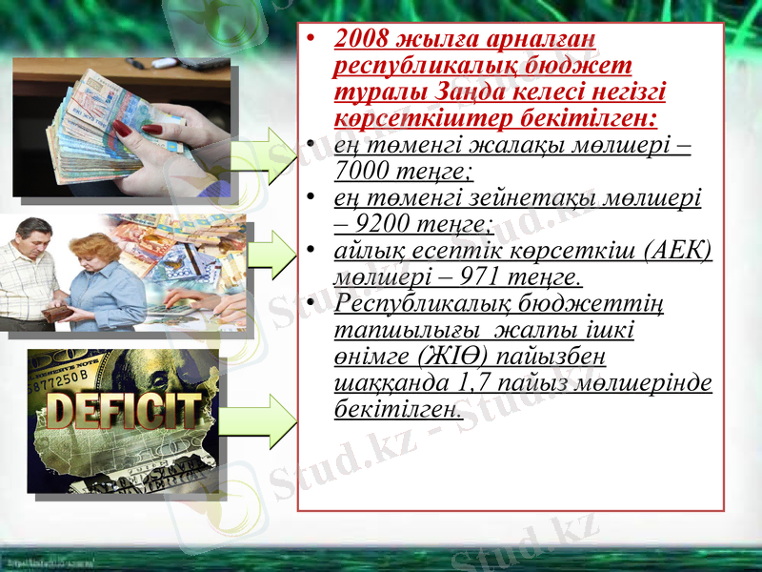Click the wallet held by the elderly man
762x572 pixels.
click(x=57, y=313)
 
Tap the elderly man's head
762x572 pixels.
click(x=32, y=232)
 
